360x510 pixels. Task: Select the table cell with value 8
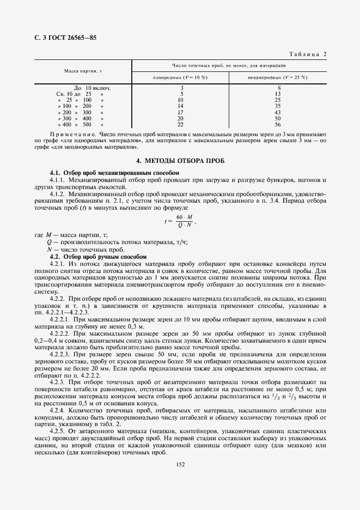278,88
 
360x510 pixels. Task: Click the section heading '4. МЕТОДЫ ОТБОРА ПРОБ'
180,161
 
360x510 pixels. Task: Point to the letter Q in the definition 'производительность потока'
49,242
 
